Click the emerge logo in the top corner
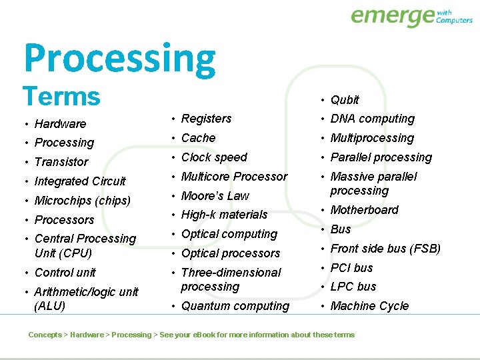point(411,16)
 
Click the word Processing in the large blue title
point(120,59)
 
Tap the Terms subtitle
point(61,97)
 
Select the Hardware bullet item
point(60,124)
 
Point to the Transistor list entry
point(61,162)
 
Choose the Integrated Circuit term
point(80,181)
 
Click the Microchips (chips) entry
point(82,201)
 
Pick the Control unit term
point(65,273)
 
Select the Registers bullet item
point(206,119)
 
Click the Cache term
point(198,138)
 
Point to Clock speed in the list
point(214,157)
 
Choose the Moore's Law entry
point(215,196)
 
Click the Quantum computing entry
point(235,306)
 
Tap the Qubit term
point(345,100)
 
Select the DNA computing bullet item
point(372,119)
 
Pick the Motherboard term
point(364,210)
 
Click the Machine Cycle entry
point(369,306)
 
